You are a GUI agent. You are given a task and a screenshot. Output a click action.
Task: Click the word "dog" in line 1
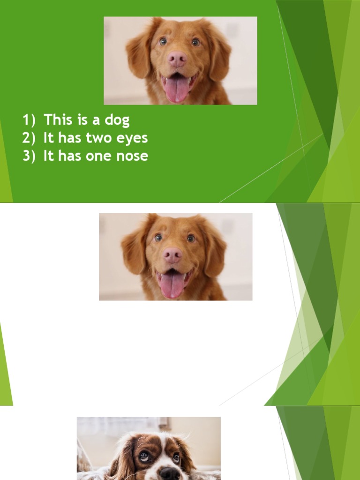117,120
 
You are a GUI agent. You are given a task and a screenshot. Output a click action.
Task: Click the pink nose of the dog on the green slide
178,59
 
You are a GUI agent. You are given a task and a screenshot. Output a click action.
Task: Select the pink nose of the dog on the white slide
172,255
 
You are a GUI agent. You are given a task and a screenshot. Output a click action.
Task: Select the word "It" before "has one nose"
49,156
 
